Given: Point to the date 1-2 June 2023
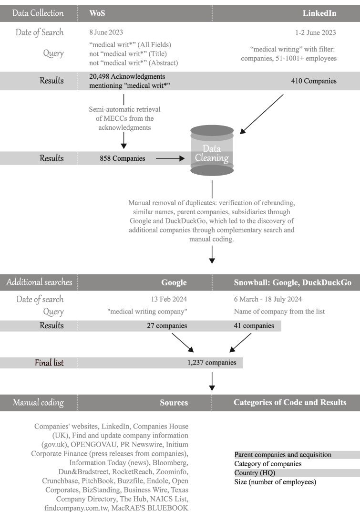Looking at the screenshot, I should point(316,33).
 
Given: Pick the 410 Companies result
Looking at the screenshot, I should point(314,81).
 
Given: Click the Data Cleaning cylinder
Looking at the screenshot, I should point(212,150).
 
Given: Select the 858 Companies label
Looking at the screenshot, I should point(122,158).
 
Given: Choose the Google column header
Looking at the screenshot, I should point(174,282).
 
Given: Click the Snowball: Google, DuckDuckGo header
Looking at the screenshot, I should point(292,282).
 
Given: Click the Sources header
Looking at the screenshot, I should point(174,402).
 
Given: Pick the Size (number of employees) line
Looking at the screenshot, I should point(275,481).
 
